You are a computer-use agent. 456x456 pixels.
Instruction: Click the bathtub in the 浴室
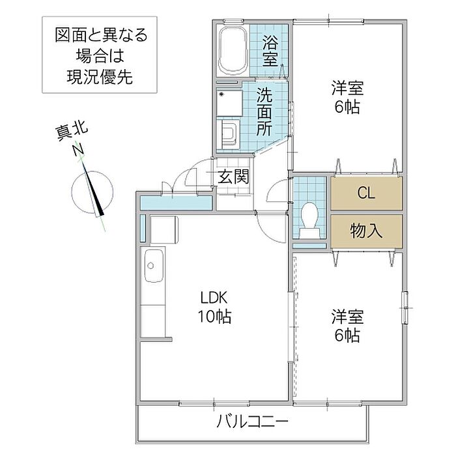(x=231, y=51)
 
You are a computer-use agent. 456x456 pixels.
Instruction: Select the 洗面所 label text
(x=264, y=111)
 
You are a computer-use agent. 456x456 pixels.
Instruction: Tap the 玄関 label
(x=232, y=176)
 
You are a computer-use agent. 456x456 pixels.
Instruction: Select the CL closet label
(x=366, y=193)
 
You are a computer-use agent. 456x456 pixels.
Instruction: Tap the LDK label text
(x=213, y=299)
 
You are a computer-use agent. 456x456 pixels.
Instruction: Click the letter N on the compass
(x=78, y=151)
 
